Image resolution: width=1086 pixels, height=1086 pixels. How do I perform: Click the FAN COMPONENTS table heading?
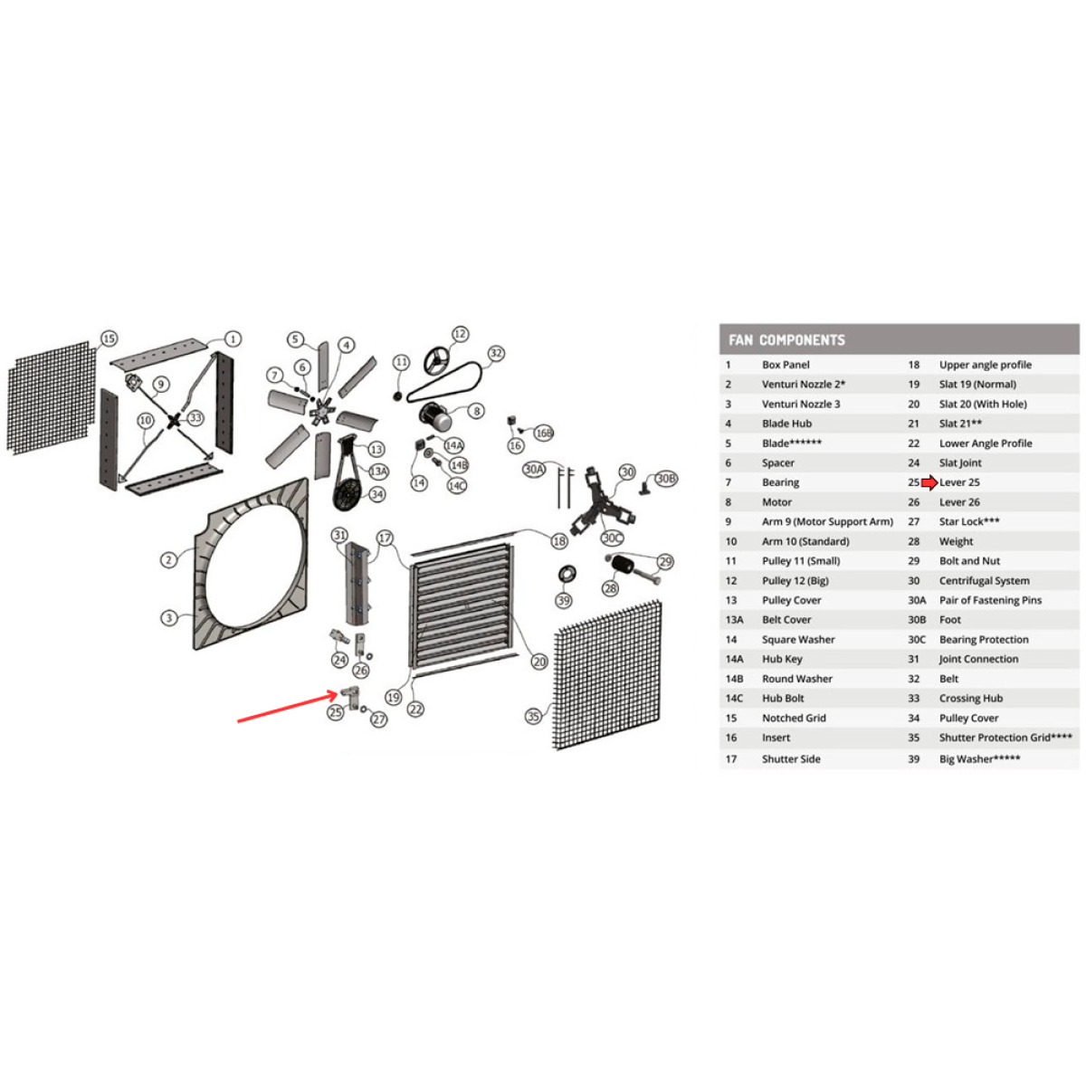tap(786, 340)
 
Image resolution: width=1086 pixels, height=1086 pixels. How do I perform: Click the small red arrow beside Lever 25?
tap(929, 482)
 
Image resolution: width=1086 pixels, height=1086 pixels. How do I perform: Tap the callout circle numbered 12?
tap(460, 334)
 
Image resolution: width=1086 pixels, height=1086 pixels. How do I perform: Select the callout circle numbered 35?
tap(533, 716)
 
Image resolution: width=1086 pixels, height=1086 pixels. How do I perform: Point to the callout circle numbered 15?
tap(109, 338)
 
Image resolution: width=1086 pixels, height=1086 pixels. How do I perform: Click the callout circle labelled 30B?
tap(666, 479)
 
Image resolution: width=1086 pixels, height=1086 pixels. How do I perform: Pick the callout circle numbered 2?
tap(168, 560)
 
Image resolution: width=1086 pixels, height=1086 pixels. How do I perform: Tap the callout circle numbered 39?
tap(564, 601)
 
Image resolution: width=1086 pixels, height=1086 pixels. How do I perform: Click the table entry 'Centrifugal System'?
tap(984, 581)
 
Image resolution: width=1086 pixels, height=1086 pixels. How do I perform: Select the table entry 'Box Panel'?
tap(786, 365)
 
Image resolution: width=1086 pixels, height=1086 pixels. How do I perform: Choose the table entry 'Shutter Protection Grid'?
tap(1005, 738)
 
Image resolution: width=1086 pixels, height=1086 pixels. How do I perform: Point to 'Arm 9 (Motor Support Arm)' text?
tap(827, 522)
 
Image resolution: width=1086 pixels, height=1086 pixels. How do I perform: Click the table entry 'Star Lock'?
tap(968, 522)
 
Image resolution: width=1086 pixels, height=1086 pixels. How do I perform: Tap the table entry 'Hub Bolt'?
tap(783, 699)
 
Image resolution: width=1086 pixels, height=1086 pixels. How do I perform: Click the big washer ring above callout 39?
tap(567, 574)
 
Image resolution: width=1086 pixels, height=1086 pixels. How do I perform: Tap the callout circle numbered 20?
tap(539, 662)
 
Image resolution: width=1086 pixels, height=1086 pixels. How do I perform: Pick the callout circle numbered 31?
tap(339, 535)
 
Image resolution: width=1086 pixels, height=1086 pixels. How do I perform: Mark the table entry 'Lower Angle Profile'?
tap(985, 443)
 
